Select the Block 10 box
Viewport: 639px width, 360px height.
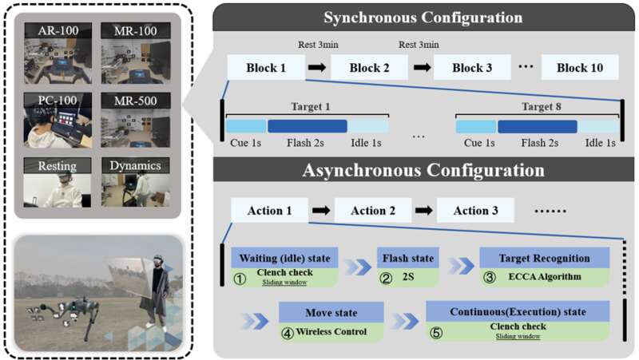579,68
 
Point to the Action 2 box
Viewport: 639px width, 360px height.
371,211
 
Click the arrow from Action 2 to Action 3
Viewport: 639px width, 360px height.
424,211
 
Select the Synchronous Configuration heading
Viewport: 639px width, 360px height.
423,17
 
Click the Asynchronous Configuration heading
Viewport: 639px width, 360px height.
423,170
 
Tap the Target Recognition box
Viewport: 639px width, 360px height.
545,259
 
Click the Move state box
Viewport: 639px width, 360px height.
329,312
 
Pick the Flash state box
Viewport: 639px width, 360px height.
408,259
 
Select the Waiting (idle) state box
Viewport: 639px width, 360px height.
285,259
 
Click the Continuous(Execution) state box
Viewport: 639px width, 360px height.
518,312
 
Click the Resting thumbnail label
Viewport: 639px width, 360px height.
53,166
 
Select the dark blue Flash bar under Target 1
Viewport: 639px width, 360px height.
307,126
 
